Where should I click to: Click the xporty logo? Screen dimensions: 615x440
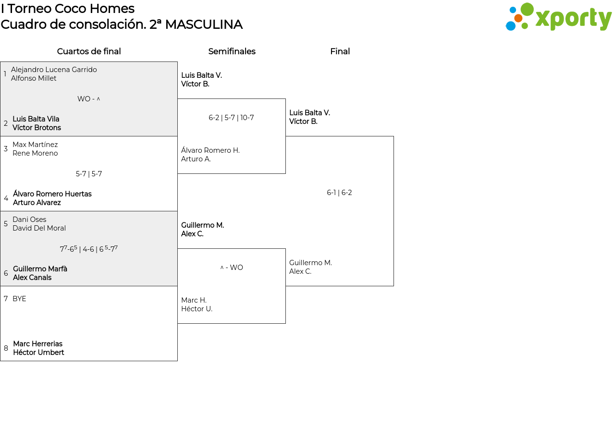[558, 17]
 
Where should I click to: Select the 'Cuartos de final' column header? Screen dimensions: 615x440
[89, 51]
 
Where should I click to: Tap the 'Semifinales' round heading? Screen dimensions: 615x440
[232, 51]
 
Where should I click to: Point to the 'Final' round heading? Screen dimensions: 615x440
[340, 51]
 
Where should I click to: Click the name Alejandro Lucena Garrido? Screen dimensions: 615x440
[54, 70]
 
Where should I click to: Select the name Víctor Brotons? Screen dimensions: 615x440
[37, 128]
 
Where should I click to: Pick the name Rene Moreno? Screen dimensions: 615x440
[35, 153]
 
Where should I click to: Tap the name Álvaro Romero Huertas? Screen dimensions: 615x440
[52, 194]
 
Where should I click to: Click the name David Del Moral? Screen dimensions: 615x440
[39, 228]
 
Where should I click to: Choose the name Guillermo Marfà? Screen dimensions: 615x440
[40, 269]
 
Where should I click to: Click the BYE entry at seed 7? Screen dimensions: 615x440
[19, 299]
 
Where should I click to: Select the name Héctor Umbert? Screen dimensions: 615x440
[38, 353]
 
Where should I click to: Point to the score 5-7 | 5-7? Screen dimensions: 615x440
[89, 174]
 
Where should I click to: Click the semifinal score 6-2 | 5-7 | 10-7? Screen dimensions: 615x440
[231, 118]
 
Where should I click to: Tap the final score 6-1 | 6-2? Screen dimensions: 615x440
[339, 193]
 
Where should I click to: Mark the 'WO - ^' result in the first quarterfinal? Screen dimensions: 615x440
[89, 99]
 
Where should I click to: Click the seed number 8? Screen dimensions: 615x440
[6, 348]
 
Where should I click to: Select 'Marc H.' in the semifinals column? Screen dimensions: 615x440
[194, 300]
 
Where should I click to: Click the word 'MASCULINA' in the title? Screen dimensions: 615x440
[204, 24]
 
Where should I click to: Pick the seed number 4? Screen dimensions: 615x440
[6, 198]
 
